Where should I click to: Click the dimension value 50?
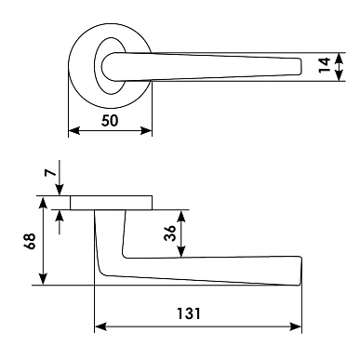(x=110, y=120)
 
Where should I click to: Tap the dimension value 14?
(x=325, y=65)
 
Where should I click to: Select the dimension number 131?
(x=189, y=313)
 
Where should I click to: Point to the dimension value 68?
(x=31, y=241)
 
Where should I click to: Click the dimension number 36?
(x=169, y=233)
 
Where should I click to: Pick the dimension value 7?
(x=50, y=171)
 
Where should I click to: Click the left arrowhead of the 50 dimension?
(x=74, y=130)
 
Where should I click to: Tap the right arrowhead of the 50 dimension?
(x=146, y=130)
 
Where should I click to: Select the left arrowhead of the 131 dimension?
(x=100, y=327)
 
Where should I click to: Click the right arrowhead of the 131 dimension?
(x=295, y=327)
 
